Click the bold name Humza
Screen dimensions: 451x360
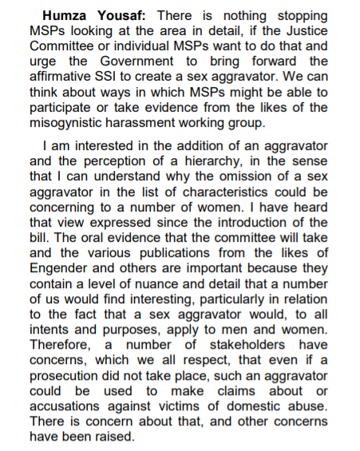coord(72,17)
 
